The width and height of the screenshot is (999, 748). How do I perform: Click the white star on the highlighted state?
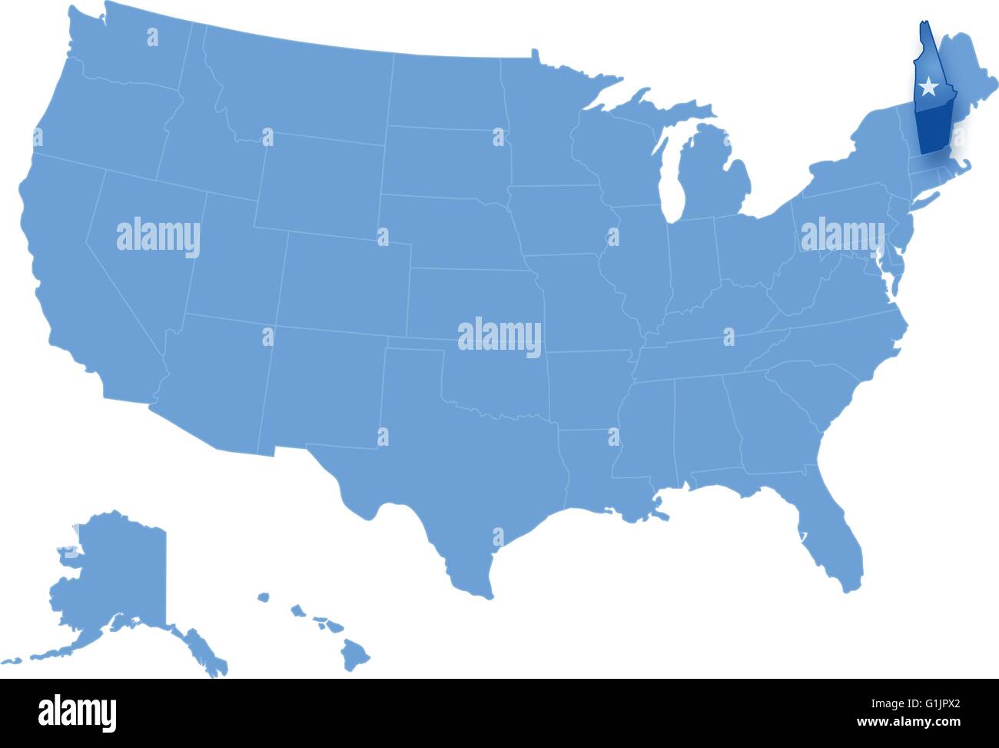point(929,86)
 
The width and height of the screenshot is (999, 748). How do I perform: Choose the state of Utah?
point(231,261)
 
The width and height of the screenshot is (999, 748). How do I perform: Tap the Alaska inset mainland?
point(115,569)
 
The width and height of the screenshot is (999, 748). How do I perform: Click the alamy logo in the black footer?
point(77,710)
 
